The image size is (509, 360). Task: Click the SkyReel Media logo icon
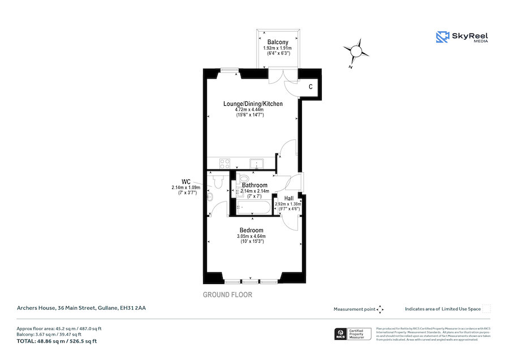tap(442, 37)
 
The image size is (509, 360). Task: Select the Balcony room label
tap(278, 42)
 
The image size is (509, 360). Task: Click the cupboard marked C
tap(310, 87)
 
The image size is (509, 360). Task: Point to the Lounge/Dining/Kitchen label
tap(253, 104)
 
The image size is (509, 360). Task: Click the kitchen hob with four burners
tap(225, 164)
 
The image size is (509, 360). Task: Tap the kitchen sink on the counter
tap(258, 164)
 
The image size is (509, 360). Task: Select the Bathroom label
tap(255, 185)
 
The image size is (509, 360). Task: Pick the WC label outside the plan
tap(186, 181)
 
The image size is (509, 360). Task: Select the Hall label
tap(289, 198)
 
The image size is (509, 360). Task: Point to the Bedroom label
tap(251, 230)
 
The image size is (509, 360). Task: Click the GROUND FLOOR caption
tap(227, 295)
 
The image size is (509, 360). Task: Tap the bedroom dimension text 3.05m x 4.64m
tap(251, 237)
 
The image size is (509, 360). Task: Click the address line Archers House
tap(80, 308)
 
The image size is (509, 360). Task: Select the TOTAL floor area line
tap(56, 341)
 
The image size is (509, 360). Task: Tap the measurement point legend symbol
tap(380, 309)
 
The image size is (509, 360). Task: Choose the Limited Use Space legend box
tap(486, 308)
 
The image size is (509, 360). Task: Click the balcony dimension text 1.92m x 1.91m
tap(278, 48)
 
